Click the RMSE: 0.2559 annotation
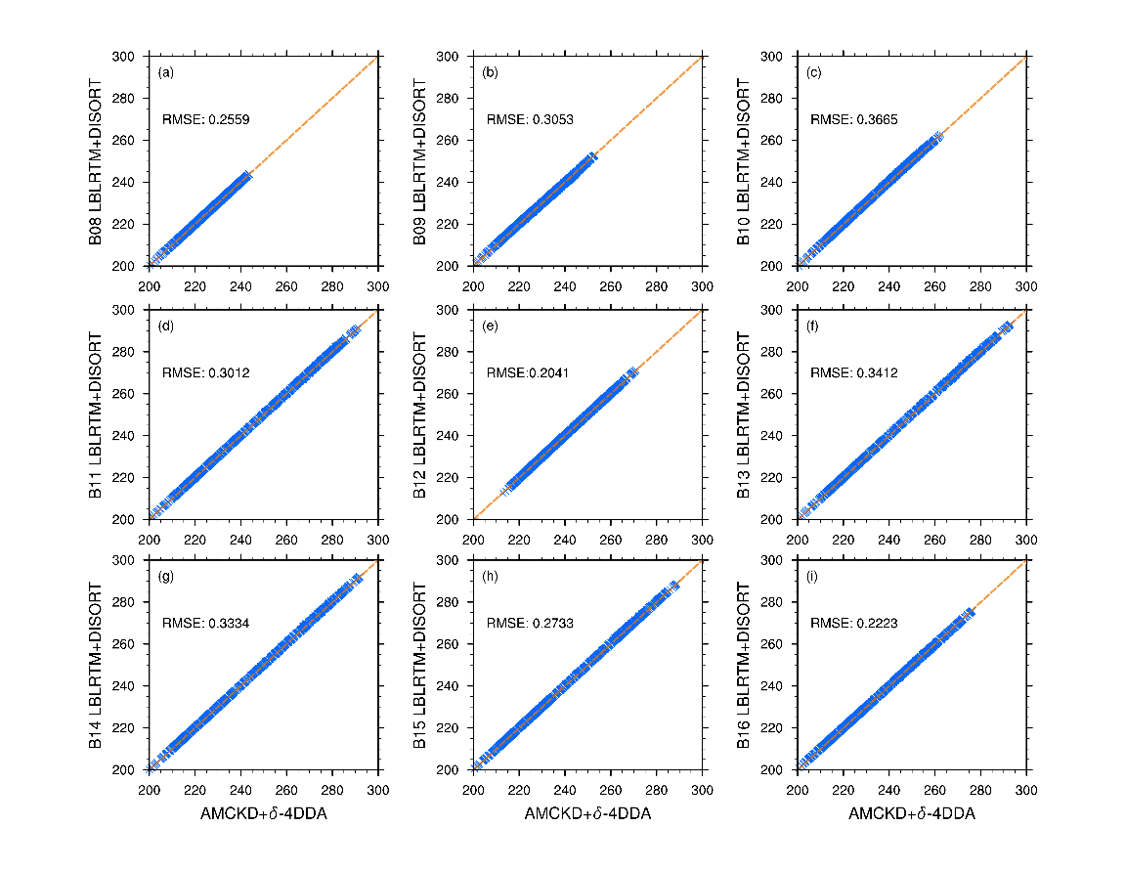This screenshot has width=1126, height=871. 205,120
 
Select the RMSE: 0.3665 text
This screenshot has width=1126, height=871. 854,120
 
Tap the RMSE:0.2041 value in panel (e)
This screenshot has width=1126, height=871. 529,372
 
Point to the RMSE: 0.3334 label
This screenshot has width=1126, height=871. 205,623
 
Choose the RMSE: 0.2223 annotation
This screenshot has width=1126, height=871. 854,623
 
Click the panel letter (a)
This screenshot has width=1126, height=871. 166,73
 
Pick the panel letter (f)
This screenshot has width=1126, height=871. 813,326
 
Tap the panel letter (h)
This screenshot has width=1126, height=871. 491,577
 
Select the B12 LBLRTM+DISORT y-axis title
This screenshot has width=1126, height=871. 420,414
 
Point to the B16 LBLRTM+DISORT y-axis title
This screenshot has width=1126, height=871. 745,665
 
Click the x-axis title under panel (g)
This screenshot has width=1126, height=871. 263,814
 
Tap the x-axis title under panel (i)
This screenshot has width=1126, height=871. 912,814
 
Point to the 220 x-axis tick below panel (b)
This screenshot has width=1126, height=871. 519,285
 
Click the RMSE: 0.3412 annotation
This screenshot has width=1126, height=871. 854,372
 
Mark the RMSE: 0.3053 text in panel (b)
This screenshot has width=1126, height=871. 530,120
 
